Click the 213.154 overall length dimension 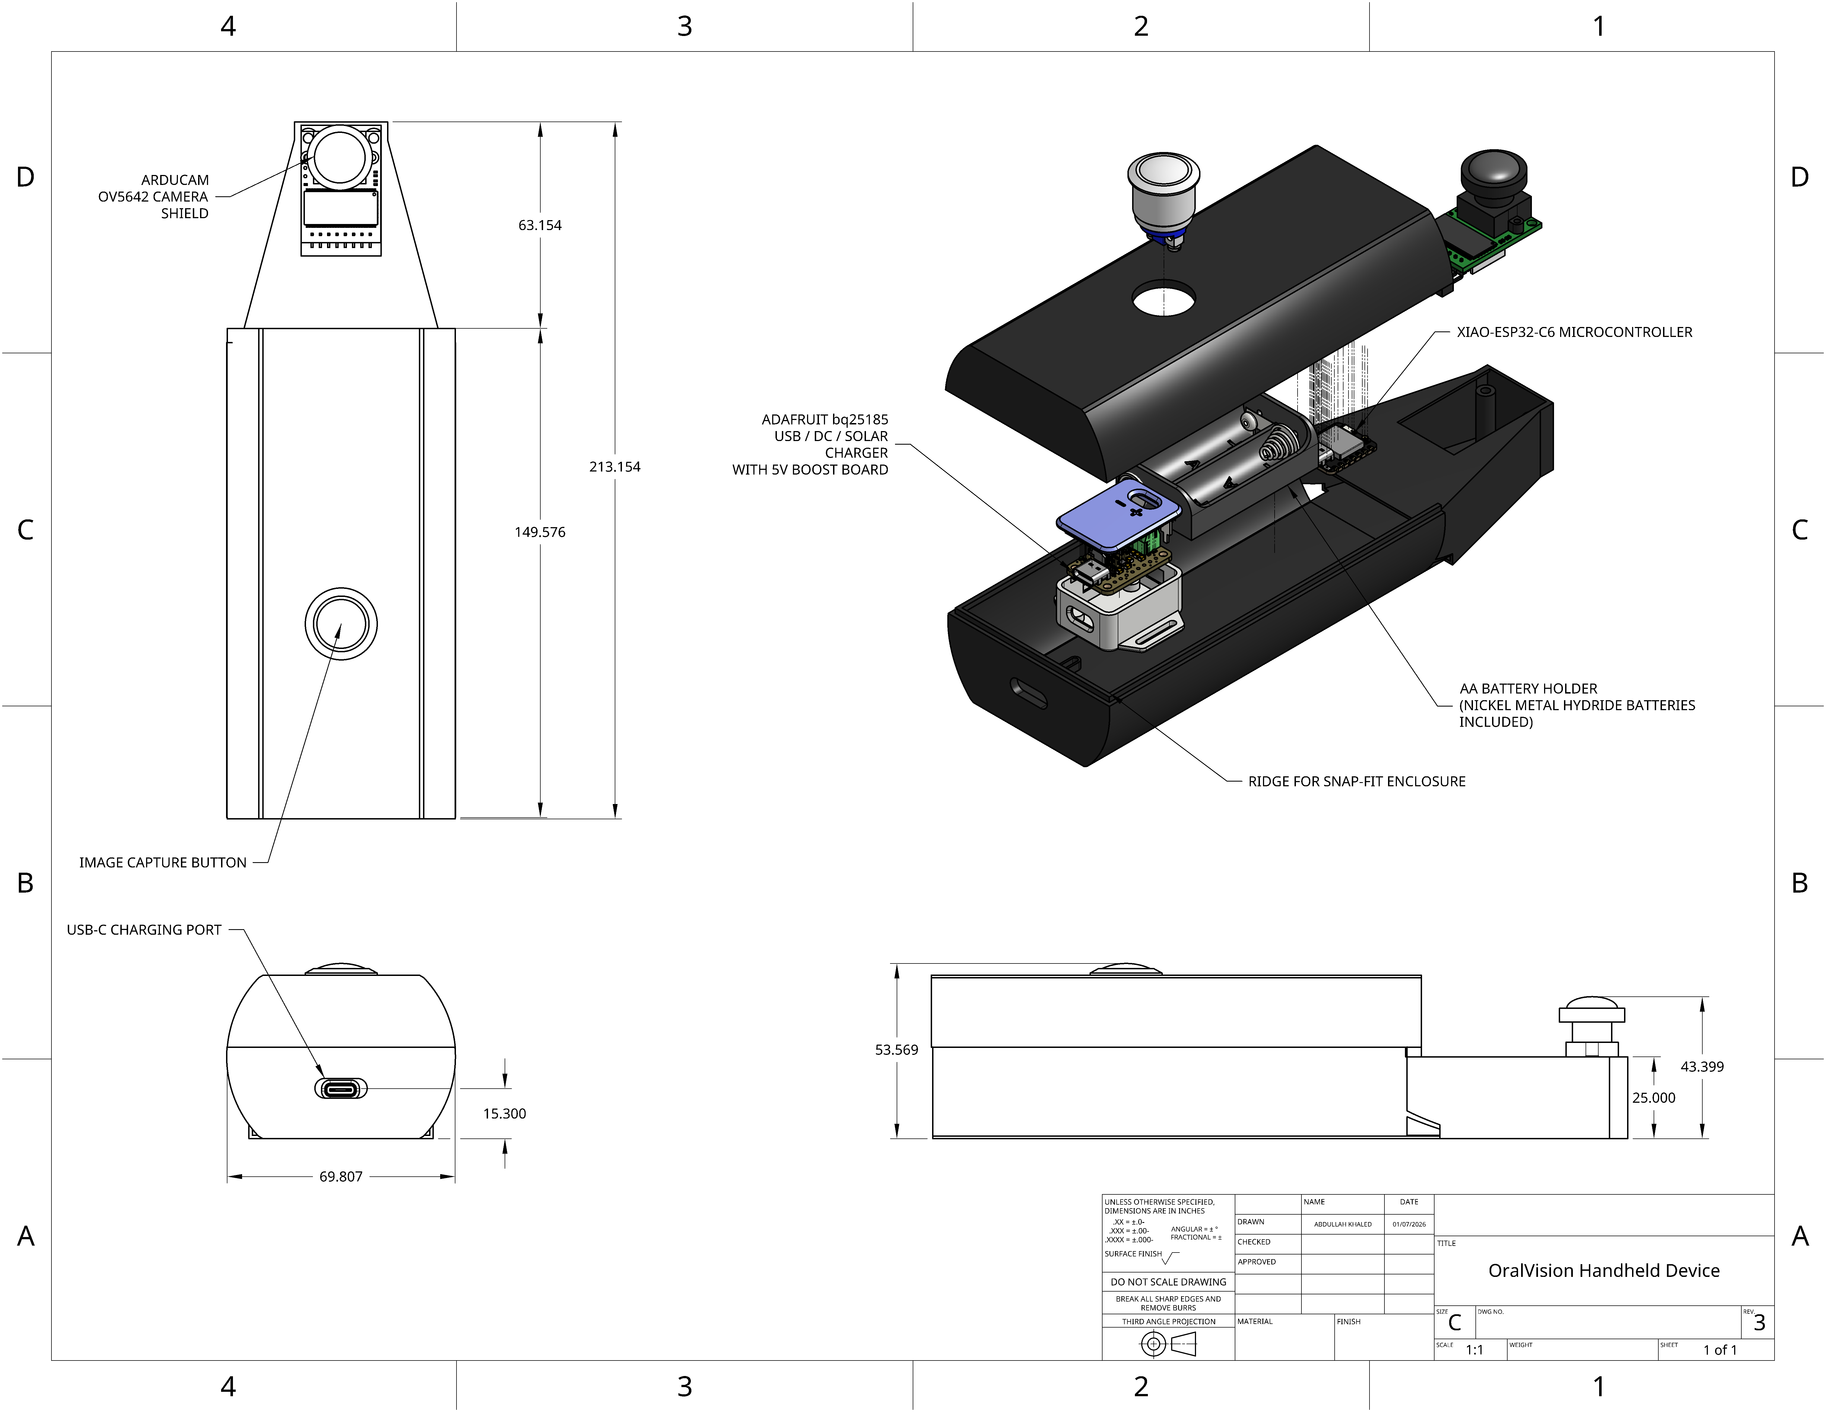(614, 467)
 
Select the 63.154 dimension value (540, 225)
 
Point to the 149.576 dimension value (540, 532)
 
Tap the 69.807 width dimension (341, 1176)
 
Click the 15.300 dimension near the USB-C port (504, 1113)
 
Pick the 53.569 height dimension (896, 1050)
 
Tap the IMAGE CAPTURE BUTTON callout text (163, 862)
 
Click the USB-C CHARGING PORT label (144, 929)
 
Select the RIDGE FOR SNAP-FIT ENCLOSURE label (1356, 781)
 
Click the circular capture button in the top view (341, 623)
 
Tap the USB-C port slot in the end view (341, 1088)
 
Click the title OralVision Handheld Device (1604, 1271)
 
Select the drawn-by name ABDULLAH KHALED (1343, 1224)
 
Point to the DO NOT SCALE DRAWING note (1168, 1282)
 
